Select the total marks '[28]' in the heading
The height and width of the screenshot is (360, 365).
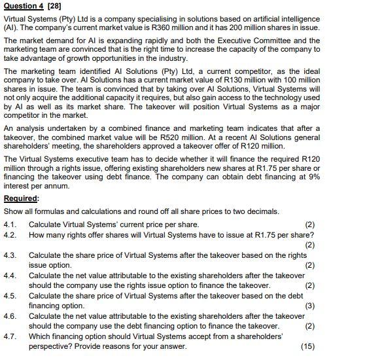(52, 7)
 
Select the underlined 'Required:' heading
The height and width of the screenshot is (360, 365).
(22, 199)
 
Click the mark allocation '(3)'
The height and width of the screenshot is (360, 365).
(310, 305)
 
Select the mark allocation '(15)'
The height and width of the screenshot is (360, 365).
(307, 346)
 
